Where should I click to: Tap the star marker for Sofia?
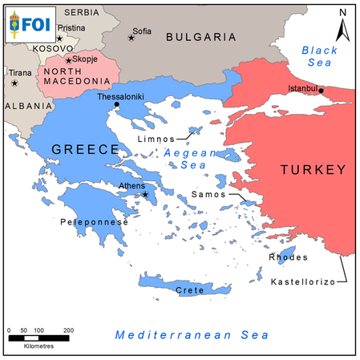[x=131, y=37]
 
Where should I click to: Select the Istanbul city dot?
[x=322, y=91]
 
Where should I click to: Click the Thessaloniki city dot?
[x=117, y=104]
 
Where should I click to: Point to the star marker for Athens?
[x=145, y=194]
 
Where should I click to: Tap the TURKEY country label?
[x=313, y=169]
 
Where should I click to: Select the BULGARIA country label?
[x=200, y=37]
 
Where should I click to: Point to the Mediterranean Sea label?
[x=191, y=335]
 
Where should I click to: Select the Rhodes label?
[x=289, y=257]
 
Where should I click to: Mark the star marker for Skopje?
[x=69, y=60]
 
